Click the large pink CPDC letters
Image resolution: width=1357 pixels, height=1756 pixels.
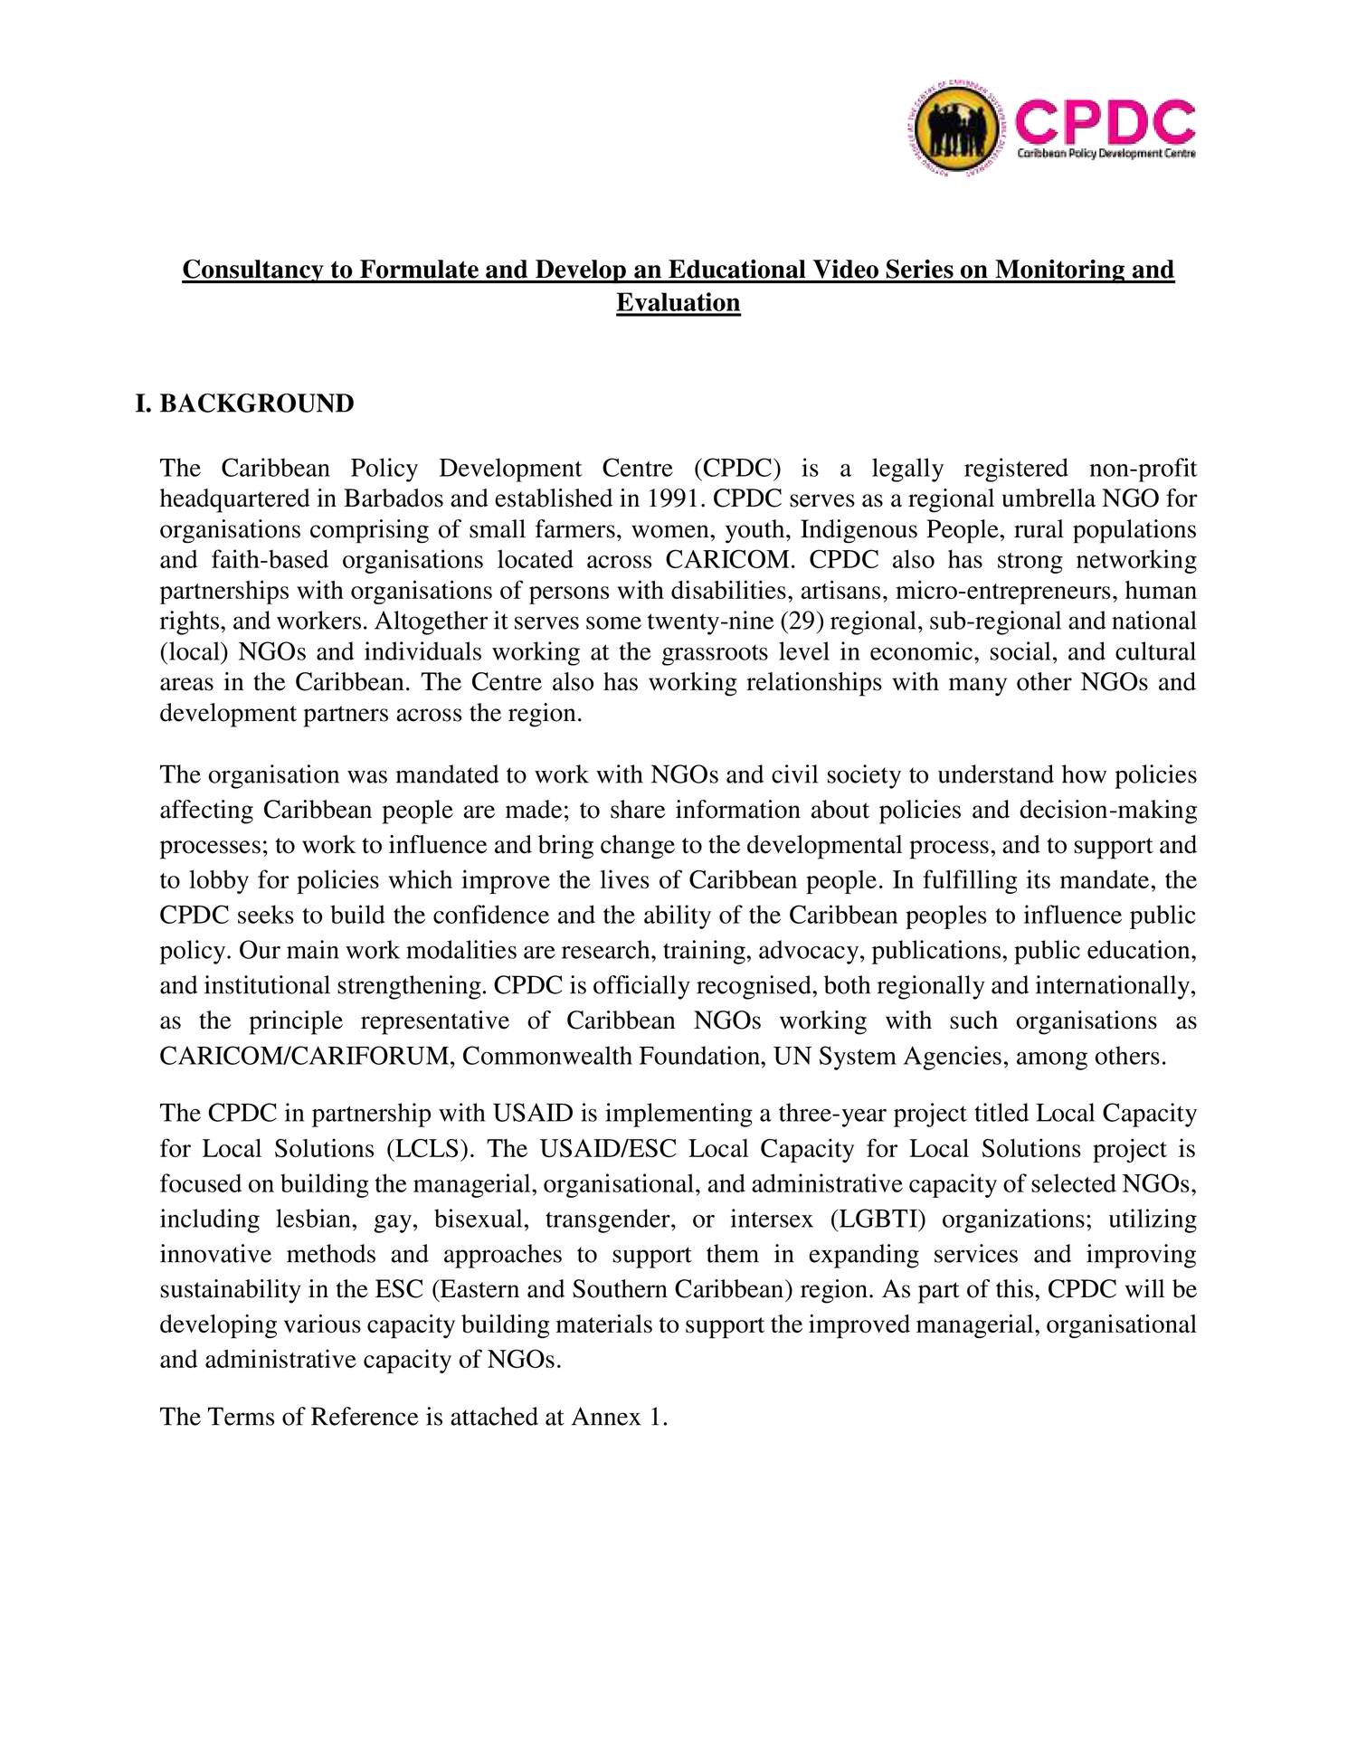(1105, 124)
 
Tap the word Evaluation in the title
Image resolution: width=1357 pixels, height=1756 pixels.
(678, 302)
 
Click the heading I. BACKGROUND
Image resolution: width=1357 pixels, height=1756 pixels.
(244, 403)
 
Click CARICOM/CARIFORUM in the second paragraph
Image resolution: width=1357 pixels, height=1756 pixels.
(306, 1056)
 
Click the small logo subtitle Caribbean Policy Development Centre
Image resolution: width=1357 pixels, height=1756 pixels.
(1106, 155)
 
